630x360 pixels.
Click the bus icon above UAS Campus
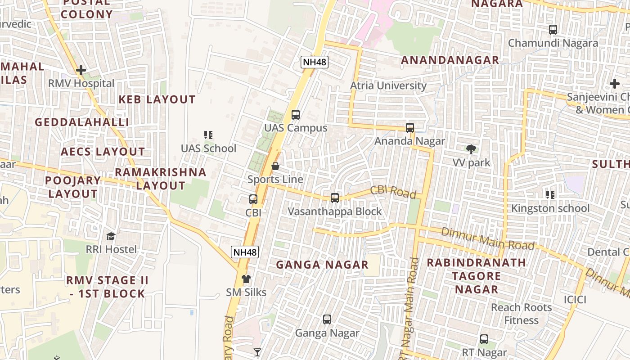point(295,114)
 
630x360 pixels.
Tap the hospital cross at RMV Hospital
point(81,70)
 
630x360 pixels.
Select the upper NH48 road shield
point(315,62)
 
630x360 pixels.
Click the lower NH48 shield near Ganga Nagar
point(245,252)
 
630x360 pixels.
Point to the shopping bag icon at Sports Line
point(275,166)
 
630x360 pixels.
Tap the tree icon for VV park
point(471,149)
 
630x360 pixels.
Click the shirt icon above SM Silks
point(246,279)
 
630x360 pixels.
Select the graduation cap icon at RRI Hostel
point(111,236)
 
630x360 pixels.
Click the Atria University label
point(388,85)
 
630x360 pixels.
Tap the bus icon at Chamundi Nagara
point(553,30)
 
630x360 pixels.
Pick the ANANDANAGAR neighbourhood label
point(450,60)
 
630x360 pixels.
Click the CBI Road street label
point(393,192)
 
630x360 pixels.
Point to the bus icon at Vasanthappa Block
point(334,198)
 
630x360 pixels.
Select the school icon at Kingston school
point(550,195)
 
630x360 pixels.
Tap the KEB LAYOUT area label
point(157,99)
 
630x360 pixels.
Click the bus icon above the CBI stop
point(253,199)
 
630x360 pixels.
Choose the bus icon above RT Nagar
point(484,339)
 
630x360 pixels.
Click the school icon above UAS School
point(208,135)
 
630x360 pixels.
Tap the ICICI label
point(575,299)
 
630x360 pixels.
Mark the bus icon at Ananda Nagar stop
point(410,128)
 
